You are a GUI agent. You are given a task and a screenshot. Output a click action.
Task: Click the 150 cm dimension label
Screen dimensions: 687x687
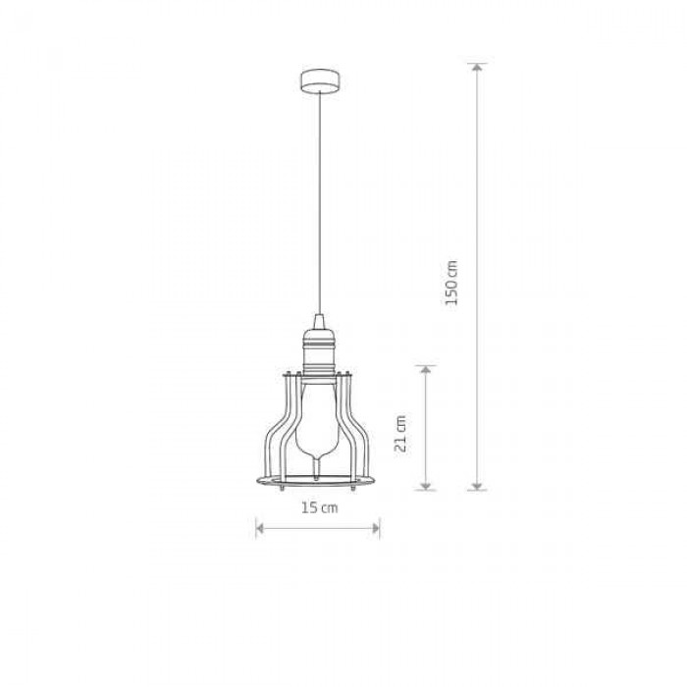point(451,283)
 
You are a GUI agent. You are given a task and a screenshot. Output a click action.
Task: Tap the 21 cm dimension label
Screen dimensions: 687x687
point(400,433)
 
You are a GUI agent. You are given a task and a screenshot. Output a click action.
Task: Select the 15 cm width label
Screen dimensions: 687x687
point(319,507)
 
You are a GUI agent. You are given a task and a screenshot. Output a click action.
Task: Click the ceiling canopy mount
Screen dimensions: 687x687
point(320,81)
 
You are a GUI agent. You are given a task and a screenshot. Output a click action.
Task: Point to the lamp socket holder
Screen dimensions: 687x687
point(319,351)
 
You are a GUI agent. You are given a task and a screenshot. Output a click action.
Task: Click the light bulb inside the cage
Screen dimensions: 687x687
point(318,425)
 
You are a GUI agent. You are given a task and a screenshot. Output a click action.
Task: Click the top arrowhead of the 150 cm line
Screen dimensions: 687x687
point(477,67)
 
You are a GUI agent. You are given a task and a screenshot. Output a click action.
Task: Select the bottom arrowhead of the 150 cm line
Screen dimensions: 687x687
point(477,486)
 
